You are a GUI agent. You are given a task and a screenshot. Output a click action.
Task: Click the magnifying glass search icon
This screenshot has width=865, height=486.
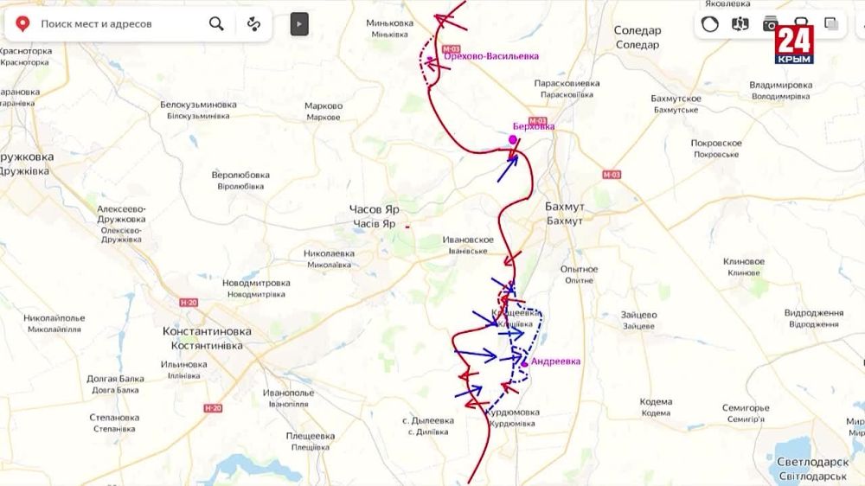[216, 23]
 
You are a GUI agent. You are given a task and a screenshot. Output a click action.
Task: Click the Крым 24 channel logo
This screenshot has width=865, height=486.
[793, 44]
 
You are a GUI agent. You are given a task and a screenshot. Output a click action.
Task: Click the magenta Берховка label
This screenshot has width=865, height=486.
[534, 126]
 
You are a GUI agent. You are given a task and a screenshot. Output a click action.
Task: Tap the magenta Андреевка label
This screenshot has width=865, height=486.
[555, 361]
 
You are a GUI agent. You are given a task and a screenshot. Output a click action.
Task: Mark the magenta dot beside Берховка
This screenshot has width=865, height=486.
[513, 138]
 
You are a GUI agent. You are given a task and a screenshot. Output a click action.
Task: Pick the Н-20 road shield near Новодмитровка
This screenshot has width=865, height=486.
[189, 303]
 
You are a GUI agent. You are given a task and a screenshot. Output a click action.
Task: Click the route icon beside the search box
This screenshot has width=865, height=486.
[253, 23]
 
